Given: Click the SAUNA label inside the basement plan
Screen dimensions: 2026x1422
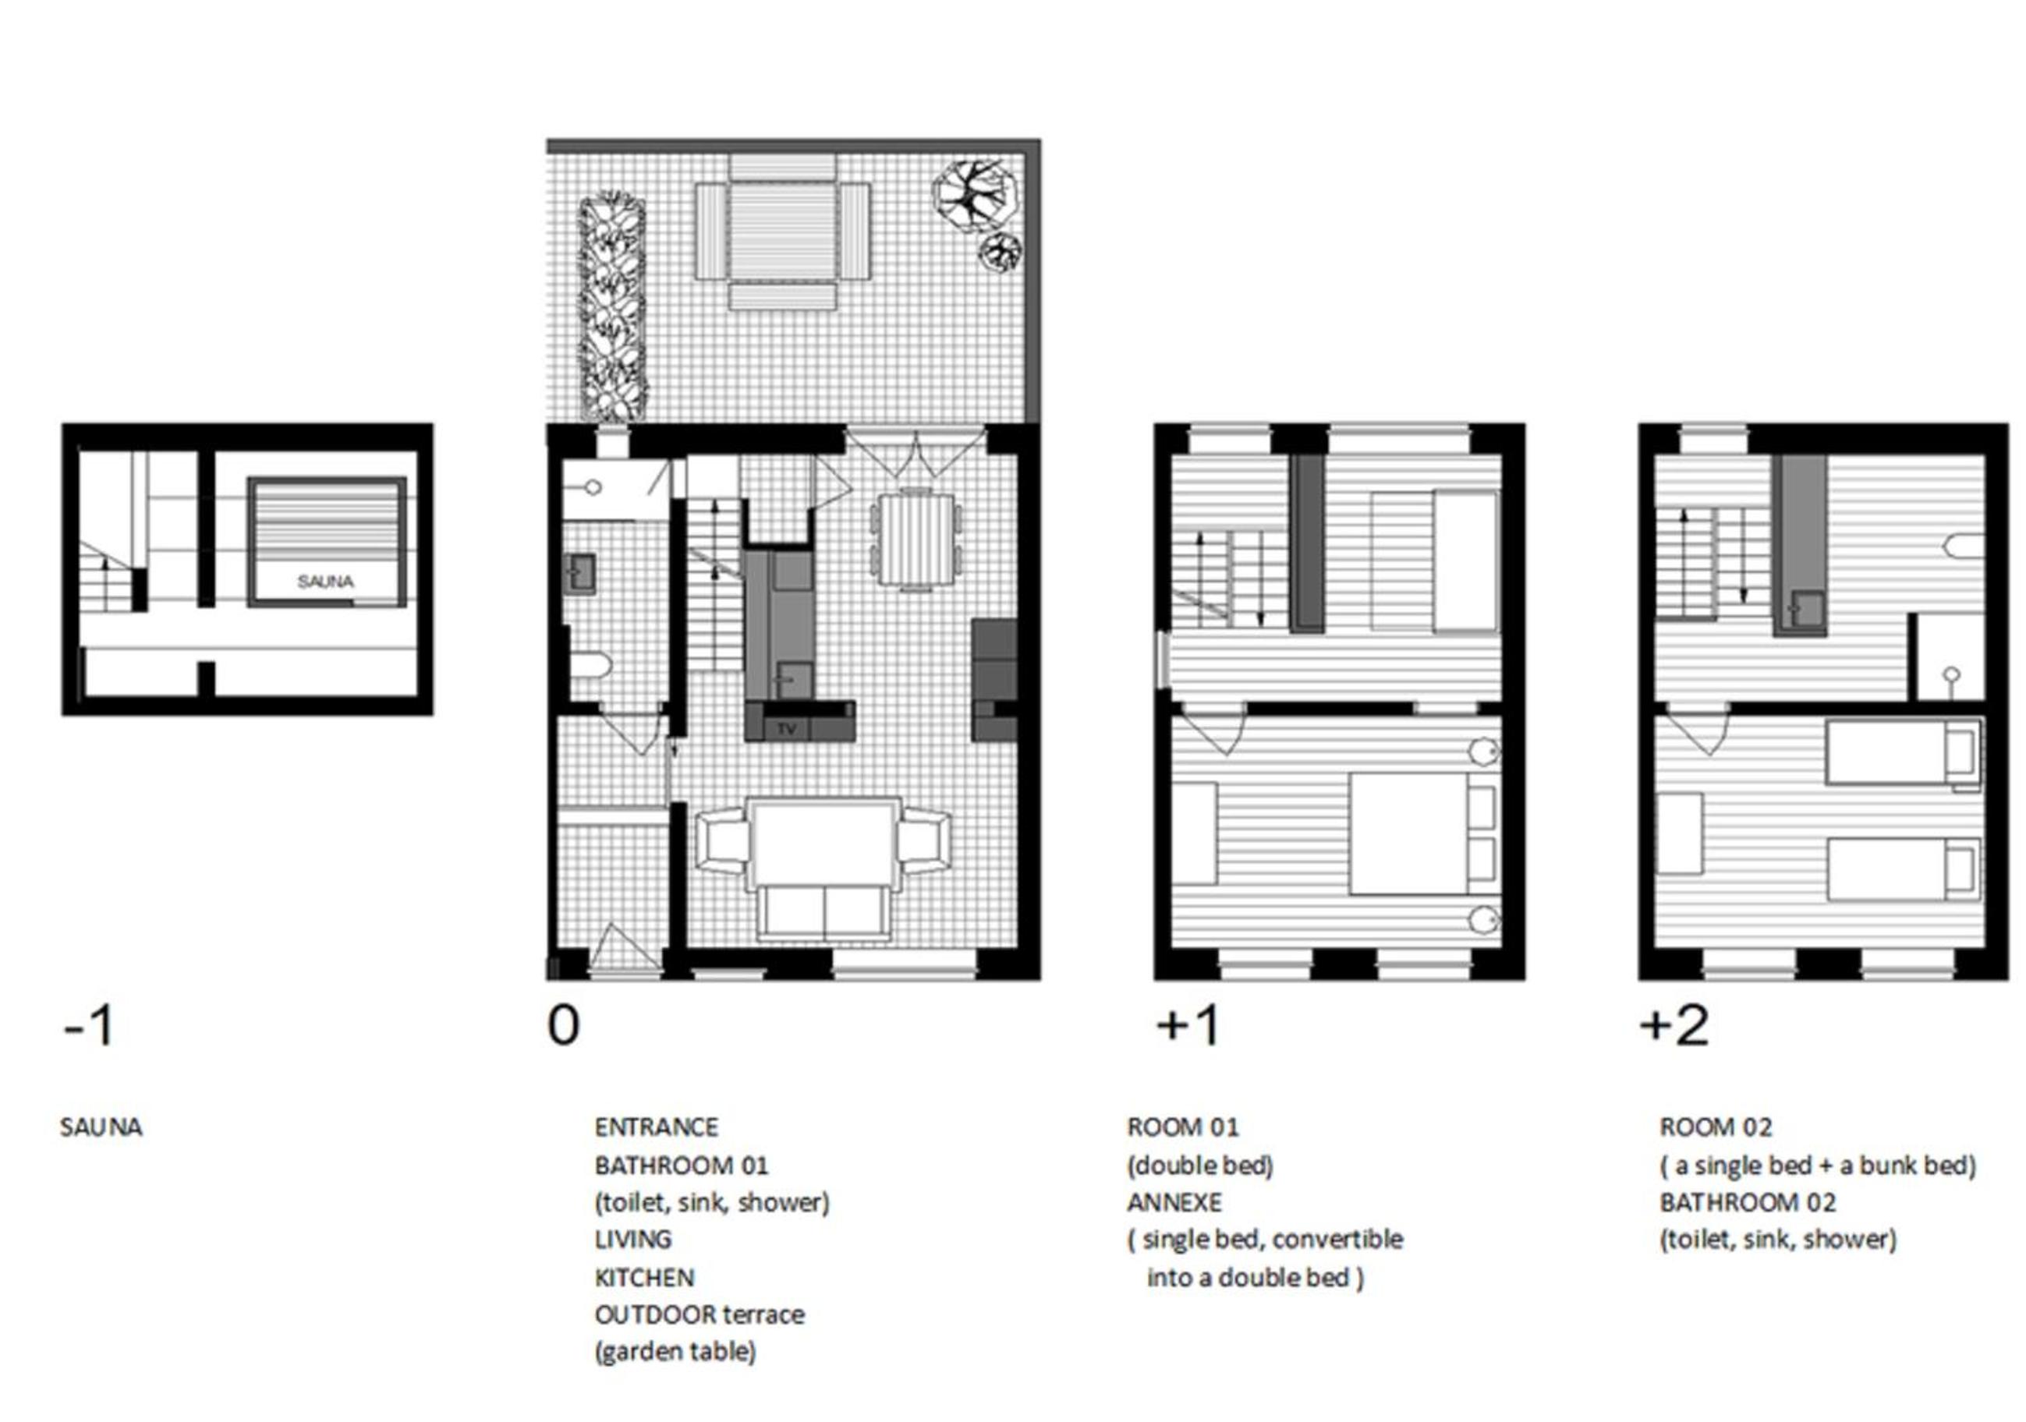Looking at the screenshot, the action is (326, 582).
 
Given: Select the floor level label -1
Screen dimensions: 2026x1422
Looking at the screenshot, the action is (89, 1026).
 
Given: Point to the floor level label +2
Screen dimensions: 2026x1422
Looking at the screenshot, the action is (1674, 1025).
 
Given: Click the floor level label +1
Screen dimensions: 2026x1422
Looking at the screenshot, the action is (1188, 1025).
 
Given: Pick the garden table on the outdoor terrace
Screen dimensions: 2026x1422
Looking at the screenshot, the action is (782, 232).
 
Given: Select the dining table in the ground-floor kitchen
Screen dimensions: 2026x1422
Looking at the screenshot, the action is (916, 539).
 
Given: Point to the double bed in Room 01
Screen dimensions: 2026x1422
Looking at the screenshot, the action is (1422, 834).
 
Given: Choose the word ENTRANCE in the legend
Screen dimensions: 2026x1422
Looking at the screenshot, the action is (656, 1127).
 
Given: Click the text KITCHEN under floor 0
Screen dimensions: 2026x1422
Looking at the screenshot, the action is (644, 1277).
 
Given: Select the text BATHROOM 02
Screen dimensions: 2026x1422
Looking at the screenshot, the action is (1747, 1202).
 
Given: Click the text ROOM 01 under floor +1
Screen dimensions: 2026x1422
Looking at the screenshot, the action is (1182, 1127).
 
